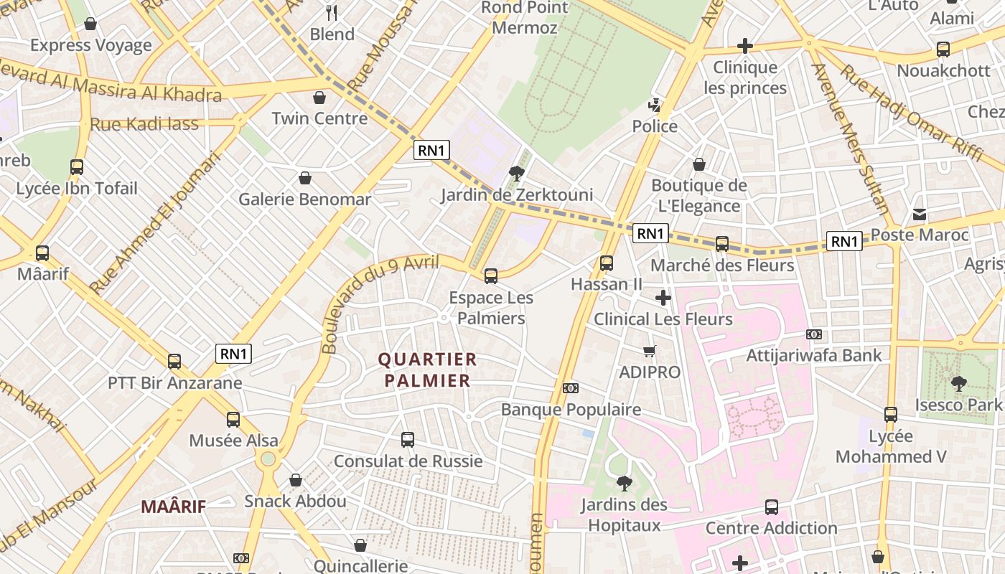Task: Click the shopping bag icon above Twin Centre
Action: coord(319,98)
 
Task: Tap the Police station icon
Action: coord(654,105)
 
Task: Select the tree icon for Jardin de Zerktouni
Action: coord(516,173)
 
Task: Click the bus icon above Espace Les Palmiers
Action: coord(491,276)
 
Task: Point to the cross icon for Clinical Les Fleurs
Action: coord(663,297)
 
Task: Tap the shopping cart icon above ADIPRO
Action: coord(650,351)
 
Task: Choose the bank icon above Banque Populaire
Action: coord(571,388)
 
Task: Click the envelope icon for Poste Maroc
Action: coord(920,214)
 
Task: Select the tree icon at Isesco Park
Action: coord(958,384)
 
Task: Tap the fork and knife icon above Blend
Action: coord(332,13)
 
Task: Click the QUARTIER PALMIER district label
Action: coord(427,370)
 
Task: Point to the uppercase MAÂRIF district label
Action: coord(173,507)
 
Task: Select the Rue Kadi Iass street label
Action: coord(144,124)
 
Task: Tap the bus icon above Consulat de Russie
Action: coord(408,439)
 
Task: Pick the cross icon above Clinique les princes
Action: coord(745,47)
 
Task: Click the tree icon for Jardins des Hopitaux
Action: coord(624,484)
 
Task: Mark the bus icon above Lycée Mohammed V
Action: coord(891,415)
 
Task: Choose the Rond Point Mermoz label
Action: coord(524,18)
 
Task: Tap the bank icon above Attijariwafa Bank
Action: coord(813,334)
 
